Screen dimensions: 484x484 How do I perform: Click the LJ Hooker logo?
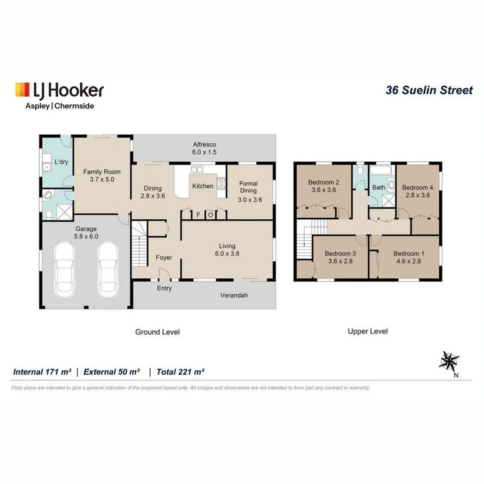coord(59,90)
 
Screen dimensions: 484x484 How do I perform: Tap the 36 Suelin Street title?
coord(429,90)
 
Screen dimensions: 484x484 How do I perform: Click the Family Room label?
coord(102,172)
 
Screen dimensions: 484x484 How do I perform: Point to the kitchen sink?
coord(197,169)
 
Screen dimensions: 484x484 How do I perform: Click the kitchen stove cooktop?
coord(221,184)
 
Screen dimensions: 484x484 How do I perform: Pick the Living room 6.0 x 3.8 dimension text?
coord(227,253)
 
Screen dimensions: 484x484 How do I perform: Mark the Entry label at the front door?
coord(164,288)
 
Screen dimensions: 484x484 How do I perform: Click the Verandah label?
coord(234,295)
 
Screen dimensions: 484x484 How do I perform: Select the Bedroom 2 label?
coord(323,182)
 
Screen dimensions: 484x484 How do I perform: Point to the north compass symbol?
coord(449,361)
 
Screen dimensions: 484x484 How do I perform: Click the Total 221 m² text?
coord(180,372)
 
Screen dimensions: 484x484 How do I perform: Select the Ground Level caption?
coord(157,332)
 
